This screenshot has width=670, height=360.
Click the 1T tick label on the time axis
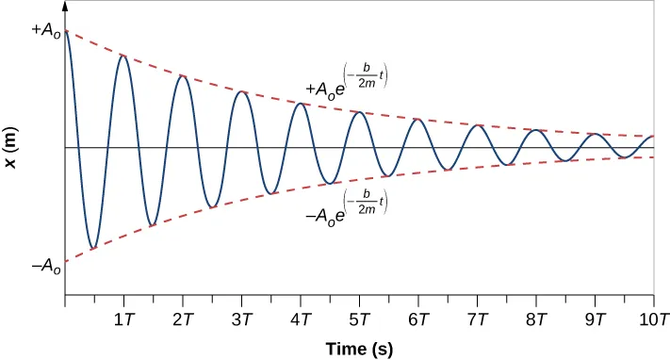(x=123, y=319)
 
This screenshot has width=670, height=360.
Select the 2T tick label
(x=182, y=319)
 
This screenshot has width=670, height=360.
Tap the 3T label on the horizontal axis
(x=241, y=319)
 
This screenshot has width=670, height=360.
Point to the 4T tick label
(x=300, y=319)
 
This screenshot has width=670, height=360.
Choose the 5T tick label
(x=359, y=319)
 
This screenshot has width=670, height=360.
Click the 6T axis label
(x=417, y=319)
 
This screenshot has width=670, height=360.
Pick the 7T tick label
(x=477, y=319)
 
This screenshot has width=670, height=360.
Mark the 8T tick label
(x=535, y=319)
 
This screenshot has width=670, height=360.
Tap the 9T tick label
(x=595, y=319)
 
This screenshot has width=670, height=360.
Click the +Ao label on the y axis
(x=45, y=30)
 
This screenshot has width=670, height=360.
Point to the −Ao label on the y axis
(x=45, y=268)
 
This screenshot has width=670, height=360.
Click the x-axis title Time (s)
(x=359, y=349)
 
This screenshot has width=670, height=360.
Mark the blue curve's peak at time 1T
(x=123, y=56)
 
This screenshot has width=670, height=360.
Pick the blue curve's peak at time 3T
(x=241, y=91)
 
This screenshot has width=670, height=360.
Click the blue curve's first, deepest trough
(x=92, y=250)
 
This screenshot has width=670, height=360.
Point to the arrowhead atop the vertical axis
(x=64, y=6)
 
